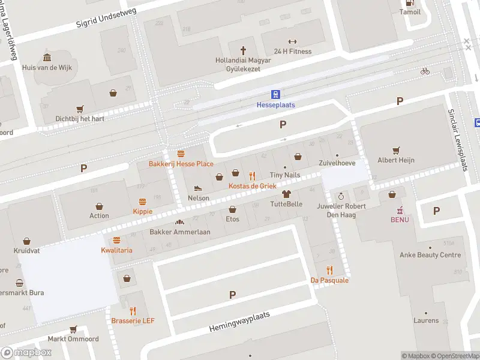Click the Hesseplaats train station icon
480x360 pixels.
(x=276, y=94)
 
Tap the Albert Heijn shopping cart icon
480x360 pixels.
(x=395, y=150)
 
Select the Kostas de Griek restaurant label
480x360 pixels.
(x=252, y=186)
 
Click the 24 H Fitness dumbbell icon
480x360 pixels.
(x=292, y=41)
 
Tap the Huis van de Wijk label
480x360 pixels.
(x=47, y=68)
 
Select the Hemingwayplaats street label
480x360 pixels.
(x=240, y=323)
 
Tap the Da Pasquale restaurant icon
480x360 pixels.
(x=329, y=270)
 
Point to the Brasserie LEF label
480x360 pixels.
(x=133, y=320)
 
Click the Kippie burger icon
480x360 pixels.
(x=143, y=202)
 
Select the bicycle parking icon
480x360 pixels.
(x=425, y=71)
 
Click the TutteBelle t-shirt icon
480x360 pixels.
(x=286, y=194)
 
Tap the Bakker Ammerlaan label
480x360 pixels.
(x=179, y=232)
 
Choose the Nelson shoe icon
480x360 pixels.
(x=199, y=188)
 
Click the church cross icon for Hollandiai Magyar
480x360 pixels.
(x=244, y=50)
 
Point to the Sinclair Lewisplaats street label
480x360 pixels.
(x=458, y=140)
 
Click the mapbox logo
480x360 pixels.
(x=26, y=353)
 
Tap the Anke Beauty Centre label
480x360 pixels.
(x=430, y=255)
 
